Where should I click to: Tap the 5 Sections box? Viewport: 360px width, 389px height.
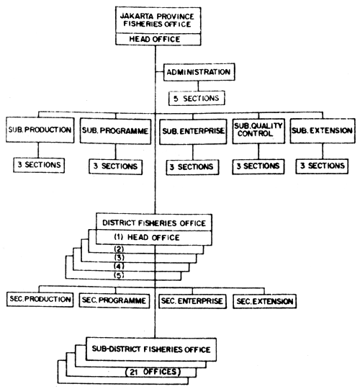click(197, 95)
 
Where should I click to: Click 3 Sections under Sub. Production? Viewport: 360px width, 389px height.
click(39, 166)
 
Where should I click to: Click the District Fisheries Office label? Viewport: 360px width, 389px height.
click(155, 223)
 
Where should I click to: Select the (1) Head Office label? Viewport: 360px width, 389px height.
click(155, 237)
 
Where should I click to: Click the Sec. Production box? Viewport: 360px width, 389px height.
click(40, 298)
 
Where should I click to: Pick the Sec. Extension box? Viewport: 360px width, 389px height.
click(264, 298)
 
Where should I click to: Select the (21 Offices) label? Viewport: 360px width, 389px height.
click(154, 372)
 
